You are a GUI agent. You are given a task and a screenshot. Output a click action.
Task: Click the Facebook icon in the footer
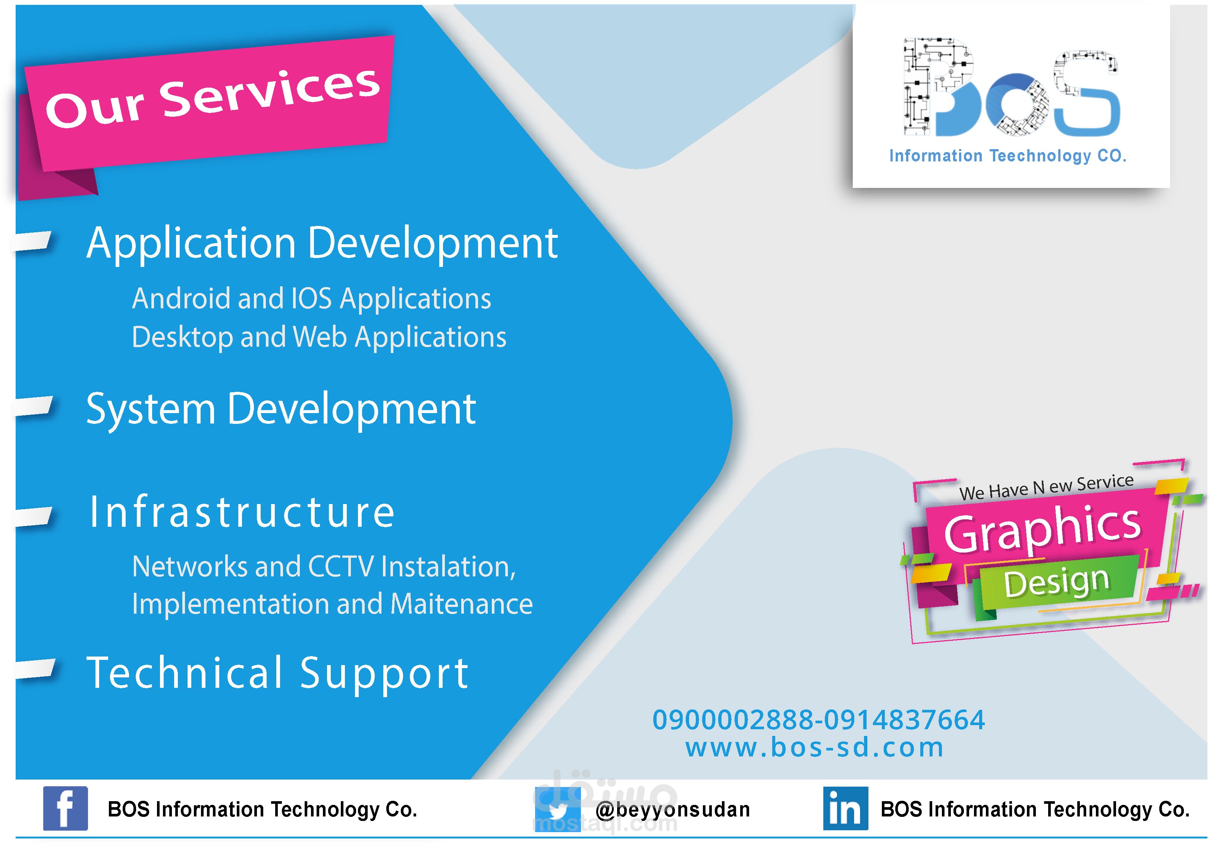[x=65, y=808]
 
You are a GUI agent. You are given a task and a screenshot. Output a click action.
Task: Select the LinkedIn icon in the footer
[x=846, y=808]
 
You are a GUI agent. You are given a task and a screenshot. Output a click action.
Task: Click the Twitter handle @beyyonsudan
[x=672, y=810]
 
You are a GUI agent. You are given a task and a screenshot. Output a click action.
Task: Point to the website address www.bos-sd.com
[x=814, y=747]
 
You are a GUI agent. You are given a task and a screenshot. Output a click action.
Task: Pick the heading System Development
[x=281, y=410]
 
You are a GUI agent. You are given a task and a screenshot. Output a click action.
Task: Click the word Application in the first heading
[x=191, y=244]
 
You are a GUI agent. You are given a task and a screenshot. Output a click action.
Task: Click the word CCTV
[x=340, y=567]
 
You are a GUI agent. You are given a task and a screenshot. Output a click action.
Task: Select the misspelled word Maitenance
[x=462, y=604]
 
